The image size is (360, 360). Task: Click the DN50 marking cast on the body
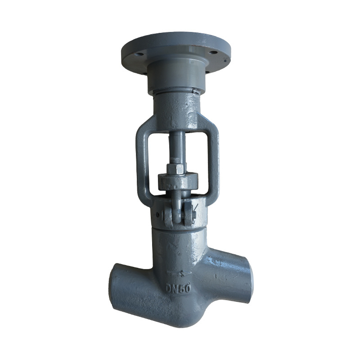point(178,288)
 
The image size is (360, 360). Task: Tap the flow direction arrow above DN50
point(179,273)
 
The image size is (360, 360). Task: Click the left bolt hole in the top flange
point(139,54)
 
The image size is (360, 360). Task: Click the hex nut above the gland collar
point(175,169)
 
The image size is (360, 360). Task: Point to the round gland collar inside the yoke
point(178,181)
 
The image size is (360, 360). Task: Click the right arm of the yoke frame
point(213,161)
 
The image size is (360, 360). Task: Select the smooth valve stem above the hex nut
point(176,144)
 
